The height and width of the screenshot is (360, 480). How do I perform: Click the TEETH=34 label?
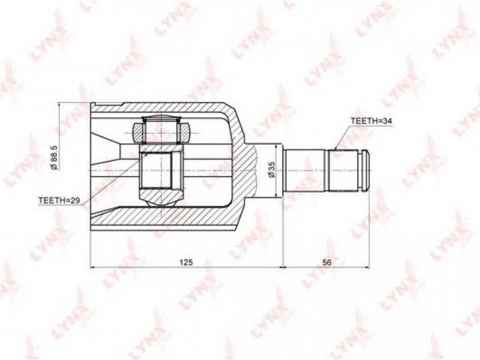[x=371, y=121]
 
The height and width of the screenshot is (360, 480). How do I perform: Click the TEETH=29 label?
[x=59, y=200]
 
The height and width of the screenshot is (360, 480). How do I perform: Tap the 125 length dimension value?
[x=186, y=262]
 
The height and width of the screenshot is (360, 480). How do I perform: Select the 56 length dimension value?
[x=327, y=262]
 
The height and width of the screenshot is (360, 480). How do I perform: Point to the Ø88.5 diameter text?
[x=55, y=158]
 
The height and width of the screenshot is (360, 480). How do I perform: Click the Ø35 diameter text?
[x=271, y=170]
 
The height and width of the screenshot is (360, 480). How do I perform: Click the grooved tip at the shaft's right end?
[x=364, y=170]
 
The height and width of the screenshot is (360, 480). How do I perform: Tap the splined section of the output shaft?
[x=343, y=170]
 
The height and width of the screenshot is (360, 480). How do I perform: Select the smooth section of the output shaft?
[x=305, y=170]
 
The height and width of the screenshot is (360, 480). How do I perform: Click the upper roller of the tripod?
[x=161, y=131]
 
